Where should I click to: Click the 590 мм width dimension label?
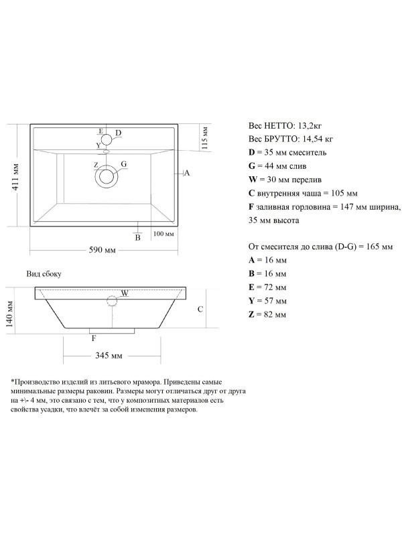point(104,250)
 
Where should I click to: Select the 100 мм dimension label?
point(163,234)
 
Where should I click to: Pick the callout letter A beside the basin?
point(188,173)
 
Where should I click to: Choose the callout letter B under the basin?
point(137,237)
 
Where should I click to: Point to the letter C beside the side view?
point(200,309)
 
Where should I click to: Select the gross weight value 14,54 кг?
point(312,139)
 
